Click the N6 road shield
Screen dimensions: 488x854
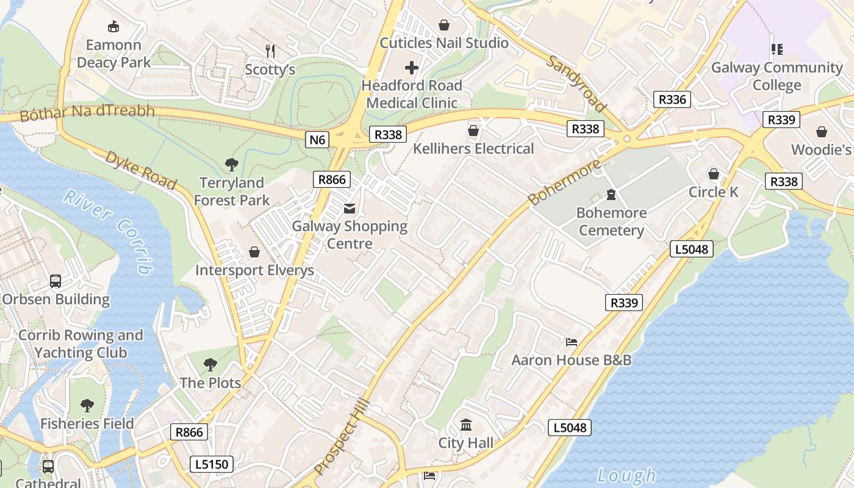pos(317,140)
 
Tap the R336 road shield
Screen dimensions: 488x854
pos(672,99)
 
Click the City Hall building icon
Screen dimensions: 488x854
pos(466,425)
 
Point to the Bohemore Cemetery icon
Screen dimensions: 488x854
pos(611,195)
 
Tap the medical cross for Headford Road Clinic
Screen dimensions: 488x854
pos(412,67)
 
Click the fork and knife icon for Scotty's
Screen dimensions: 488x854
pos(270,51)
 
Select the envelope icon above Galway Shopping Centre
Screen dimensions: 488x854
pos(350,209)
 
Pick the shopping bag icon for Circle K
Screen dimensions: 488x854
pos(713,174)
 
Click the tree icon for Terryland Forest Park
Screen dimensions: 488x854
pos(231,164)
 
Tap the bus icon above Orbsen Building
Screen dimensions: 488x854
pos(56,281)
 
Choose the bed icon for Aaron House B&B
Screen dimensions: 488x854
pos(571,342)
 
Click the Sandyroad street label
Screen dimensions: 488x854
pos(576,84)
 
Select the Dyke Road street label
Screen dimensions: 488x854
pos(141,170)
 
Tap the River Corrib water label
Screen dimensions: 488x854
pos(108,231)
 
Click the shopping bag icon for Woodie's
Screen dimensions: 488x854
pos(821,132)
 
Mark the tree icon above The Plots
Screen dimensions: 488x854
pos(210,365)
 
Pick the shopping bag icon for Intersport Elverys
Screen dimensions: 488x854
pos(254,252)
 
